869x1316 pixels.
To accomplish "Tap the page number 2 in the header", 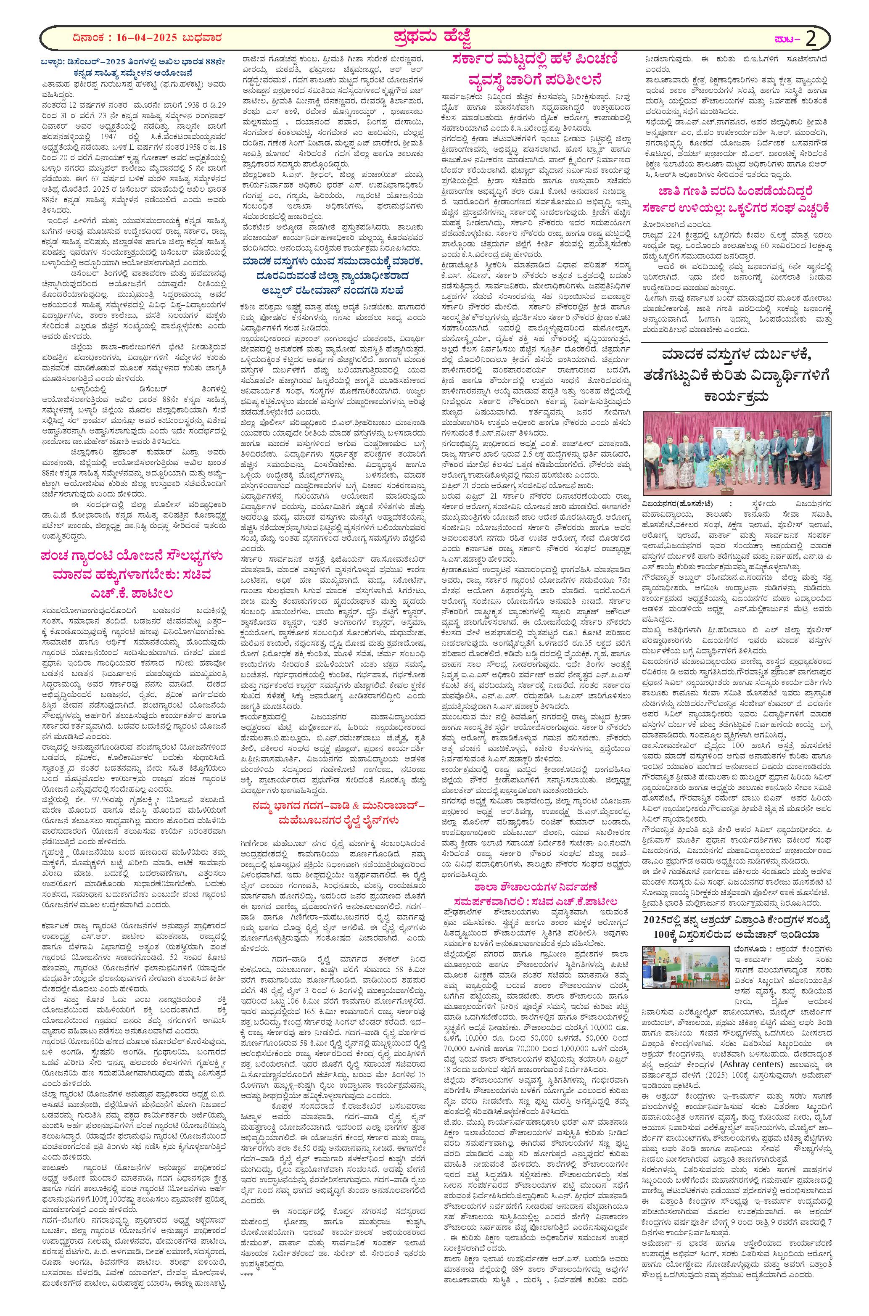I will click(810, 39).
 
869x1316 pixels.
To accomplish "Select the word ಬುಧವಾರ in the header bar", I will click(209, 39).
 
